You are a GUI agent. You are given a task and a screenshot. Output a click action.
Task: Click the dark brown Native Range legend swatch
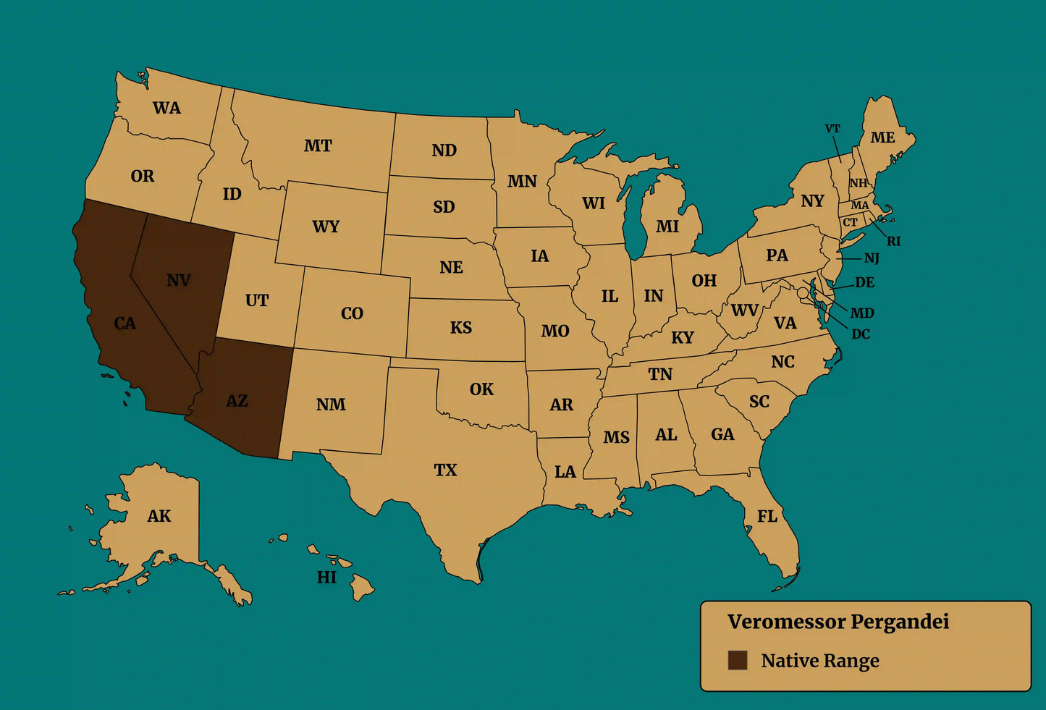pos(737,660)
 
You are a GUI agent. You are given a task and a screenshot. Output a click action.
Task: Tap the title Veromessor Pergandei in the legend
pos(838,622)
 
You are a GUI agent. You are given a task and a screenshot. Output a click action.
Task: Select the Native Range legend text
pos(819,661)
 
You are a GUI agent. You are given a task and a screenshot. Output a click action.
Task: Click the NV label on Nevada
pos(178,280)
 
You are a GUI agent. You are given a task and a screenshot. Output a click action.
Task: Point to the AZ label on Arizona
pos(237,401)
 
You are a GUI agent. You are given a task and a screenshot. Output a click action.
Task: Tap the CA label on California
pos(125,324)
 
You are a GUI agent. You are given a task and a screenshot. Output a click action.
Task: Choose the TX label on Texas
pos(445,470)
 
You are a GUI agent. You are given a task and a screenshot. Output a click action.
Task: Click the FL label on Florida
pos(767,516)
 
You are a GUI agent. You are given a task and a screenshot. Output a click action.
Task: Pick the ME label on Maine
pos(882,138)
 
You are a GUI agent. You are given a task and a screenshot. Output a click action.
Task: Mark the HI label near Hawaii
pos(326,577)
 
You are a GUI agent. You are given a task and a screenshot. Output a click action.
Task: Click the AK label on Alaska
pos(159,516)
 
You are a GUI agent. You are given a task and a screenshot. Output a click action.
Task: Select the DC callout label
pos(861,334)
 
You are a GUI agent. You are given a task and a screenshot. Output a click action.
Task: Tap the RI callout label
pos(894,242)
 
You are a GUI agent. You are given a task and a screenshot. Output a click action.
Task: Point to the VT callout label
pos(832,129)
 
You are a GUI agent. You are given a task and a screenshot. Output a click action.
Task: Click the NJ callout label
pos(872,258)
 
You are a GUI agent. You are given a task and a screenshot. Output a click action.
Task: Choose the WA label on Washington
pos(166,109)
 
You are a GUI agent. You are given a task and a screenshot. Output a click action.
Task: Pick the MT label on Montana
pos(318,146)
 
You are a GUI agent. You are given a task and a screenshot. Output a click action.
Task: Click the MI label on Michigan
pos(667,227)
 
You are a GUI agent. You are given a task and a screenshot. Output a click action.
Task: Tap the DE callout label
pos(864,282)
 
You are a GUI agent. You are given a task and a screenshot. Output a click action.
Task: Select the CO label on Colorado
pos(352,314)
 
